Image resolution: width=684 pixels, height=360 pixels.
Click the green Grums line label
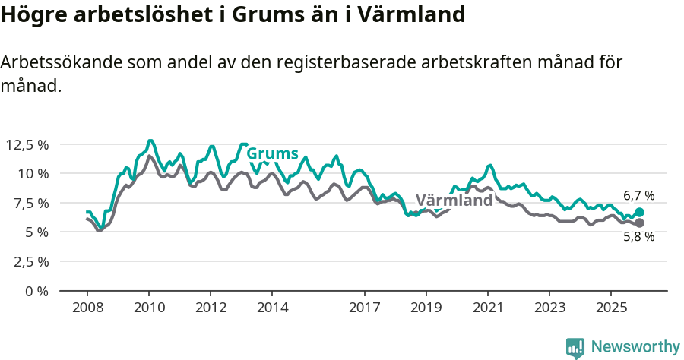point(272,154)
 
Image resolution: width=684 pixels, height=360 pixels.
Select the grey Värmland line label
point(454,201)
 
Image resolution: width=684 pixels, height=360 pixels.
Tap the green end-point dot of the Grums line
point(639,213)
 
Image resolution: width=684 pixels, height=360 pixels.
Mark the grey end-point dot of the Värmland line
point(639,223)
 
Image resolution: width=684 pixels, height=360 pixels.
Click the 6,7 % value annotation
point(638,196)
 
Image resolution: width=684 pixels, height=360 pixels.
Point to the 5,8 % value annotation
point(638,237)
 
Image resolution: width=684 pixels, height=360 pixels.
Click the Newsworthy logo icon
point(575,347)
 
